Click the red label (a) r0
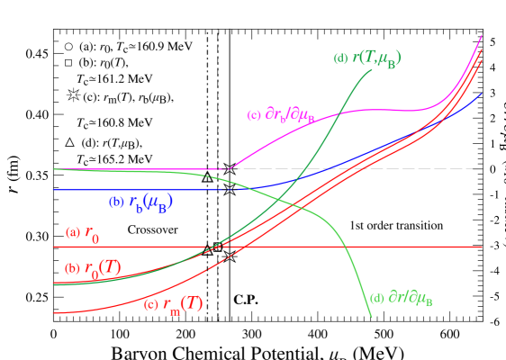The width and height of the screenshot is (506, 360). point(83,233)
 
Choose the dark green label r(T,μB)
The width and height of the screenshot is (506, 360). point(367,59)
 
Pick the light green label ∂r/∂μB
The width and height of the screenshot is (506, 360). point(402,298)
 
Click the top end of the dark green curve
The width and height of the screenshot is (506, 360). point(372,70)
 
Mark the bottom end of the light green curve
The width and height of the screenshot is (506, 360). point(372,317)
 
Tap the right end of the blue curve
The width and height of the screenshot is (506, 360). point(483,93)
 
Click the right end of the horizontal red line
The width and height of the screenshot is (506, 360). point(483,247)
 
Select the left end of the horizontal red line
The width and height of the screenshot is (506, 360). point(54,247)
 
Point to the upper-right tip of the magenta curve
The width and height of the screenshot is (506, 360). point(483,36)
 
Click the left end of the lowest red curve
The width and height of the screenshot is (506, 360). point(54,313)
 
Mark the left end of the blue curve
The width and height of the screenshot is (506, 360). point(54,190)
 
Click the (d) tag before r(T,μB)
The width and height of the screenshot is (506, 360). point(339,58)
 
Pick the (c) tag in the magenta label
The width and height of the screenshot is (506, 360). point(254,115)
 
